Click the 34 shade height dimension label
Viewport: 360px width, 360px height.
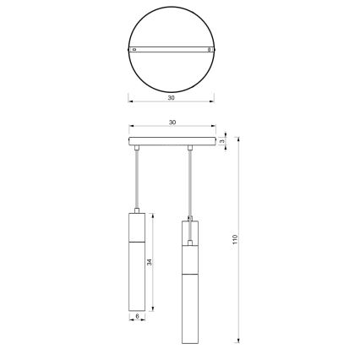(x=150, y=263)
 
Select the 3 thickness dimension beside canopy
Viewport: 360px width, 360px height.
(x=221, y=141)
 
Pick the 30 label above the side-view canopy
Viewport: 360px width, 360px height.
(x=172, y=123)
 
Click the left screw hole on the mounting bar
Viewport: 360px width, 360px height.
(x=133, y=51)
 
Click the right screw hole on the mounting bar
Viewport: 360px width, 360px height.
(x=210, y=51)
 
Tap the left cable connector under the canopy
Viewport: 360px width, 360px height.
(x=137, y=150)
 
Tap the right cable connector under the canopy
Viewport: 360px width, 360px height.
(x=191, y=150)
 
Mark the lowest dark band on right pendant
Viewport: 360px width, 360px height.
(x=190, y=275)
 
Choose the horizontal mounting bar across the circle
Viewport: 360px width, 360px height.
(x=172, y=51)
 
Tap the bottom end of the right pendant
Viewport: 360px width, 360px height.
(x=190, y=343)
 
